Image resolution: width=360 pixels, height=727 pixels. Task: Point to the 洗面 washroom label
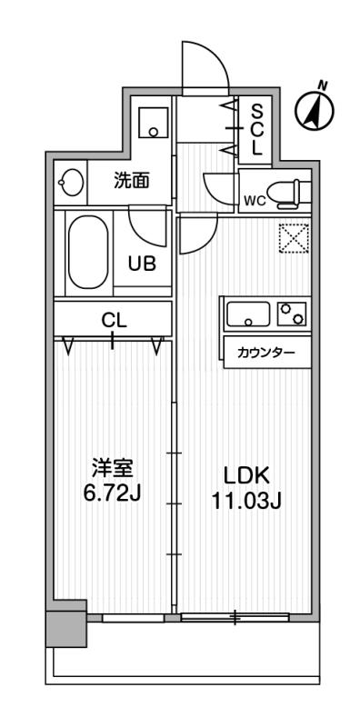[131, 180]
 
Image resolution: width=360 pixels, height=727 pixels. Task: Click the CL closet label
[113, 320]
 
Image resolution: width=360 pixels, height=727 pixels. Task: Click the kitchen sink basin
[248, 316]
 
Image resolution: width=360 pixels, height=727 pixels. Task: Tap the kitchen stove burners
[292, 314]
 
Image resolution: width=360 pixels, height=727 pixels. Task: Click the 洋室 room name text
[113, 470]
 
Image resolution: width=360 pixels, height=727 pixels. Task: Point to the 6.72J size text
[113, 493]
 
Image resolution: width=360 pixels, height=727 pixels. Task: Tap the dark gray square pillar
[66, 624]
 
